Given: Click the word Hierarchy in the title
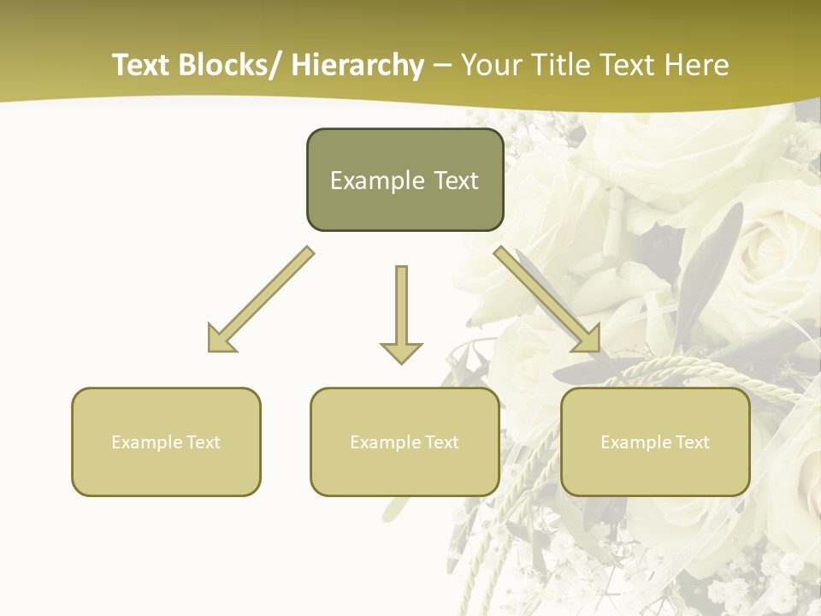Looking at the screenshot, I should pos(357,65).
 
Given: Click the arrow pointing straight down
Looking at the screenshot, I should pos(401,312).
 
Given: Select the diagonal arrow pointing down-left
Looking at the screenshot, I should pos(261,299).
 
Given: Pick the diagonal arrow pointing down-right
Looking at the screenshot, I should pos(547,299).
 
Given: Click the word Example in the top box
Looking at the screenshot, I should pos(365,181).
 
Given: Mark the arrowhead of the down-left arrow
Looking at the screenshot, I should pos(221,338).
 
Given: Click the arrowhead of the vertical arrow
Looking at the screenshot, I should pos(401,352).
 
